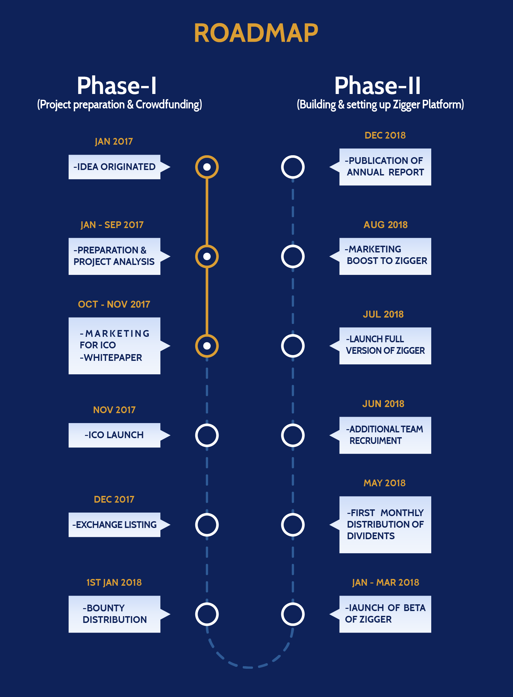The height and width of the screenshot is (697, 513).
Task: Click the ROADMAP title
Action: click(256, 33)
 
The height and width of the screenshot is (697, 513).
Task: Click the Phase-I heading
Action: click(117, 86)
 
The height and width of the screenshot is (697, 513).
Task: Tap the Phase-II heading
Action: click(377, 86)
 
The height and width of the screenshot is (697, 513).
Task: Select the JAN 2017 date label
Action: click(114, 141)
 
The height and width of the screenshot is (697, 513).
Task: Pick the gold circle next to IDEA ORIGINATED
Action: click(207, 156)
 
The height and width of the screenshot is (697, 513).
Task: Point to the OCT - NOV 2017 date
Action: click(114, 304)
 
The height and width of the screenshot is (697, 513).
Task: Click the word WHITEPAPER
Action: click(113, 358)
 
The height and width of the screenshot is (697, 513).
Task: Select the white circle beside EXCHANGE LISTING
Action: click(207, 514)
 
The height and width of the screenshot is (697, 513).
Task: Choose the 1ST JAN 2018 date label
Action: click(114, 582)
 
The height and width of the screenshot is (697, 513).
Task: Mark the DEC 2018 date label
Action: click(385, 135)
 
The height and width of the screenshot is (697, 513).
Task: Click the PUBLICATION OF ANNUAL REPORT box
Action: click(380, 167)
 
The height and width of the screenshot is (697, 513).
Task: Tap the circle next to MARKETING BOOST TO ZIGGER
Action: click(293, 245)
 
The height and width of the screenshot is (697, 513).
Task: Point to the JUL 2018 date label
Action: click(383, 314)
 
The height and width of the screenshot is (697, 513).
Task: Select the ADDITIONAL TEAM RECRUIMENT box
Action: click(380, 435)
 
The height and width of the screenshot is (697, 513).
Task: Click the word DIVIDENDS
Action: click(371, 536)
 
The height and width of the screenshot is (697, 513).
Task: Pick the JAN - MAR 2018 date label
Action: click(385, 582)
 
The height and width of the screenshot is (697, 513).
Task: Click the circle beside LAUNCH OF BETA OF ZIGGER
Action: click(293, 603)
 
